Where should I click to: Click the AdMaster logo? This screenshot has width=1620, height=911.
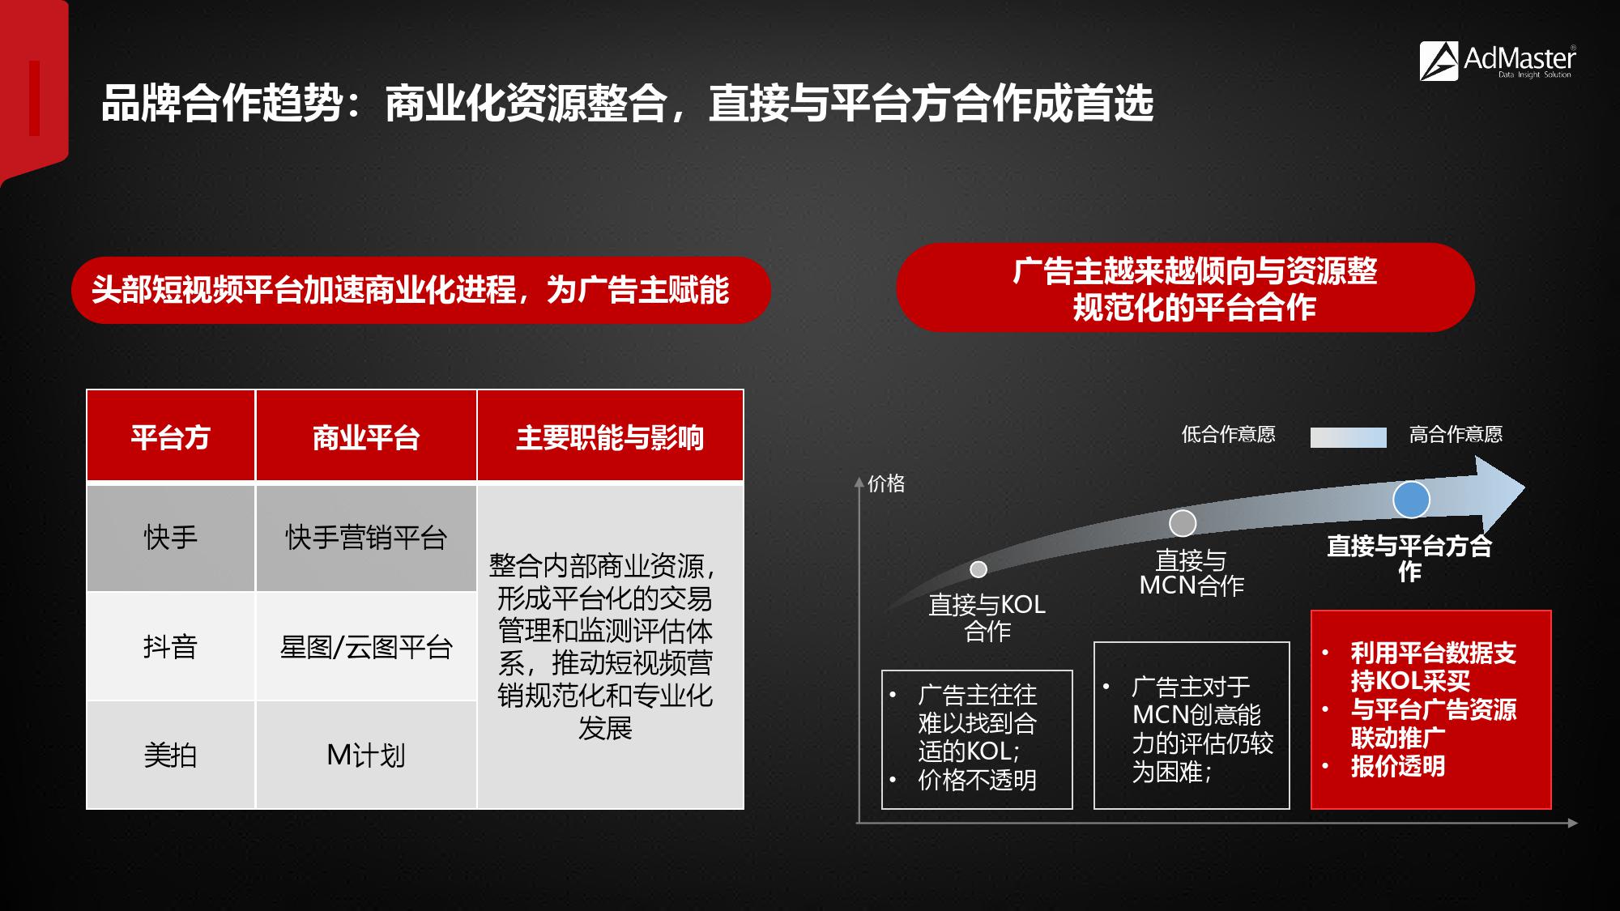1497,62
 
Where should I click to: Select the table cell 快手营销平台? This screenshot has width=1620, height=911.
366,538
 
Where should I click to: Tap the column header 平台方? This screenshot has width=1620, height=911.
170,437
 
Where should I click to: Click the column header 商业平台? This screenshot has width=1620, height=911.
366,437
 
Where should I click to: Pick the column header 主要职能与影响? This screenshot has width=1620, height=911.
610,437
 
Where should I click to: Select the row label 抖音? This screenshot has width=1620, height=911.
170,646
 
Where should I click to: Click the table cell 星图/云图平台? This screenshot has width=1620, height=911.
366,647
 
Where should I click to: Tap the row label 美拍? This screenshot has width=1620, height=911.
170,755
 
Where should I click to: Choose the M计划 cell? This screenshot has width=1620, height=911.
366,755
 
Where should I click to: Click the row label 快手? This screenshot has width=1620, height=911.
170,538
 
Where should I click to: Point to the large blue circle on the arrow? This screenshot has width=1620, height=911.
1411,500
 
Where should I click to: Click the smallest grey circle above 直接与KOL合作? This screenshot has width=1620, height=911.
978,569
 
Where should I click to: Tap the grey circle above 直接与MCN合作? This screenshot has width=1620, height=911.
1183,523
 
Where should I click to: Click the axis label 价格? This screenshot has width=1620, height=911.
886,483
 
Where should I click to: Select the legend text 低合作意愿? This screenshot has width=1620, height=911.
1228,435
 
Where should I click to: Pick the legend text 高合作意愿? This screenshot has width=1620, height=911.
1456,435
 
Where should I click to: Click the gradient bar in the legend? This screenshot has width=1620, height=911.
1349,437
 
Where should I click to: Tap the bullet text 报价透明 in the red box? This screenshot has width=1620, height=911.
1397,766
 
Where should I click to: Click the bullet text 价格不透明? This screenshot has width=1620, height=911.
977,780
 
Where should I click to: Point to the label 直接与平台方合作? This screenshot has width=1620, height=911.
1409,558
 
